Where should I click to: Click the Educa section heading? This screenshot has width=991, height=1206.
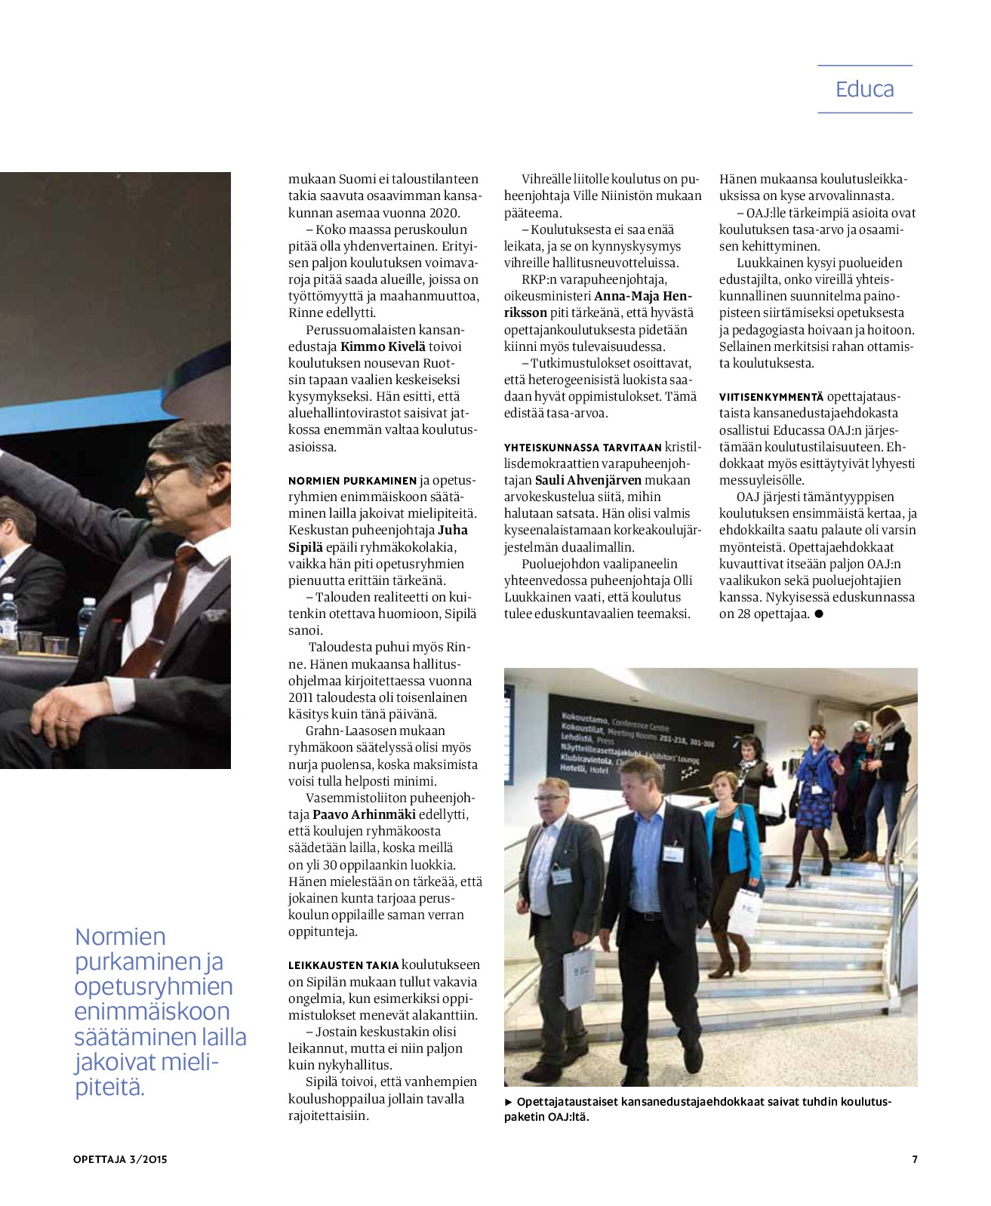(x=864, y=89)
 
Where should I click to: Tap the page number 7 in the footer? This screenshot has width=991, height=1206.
(x=915, y=1159)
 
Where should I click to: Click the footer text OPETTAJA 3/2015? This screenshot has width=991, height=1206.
(x=120, y=1159)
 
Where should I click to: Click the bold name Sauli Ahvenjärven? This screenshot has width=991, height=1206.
(x=588, y=480)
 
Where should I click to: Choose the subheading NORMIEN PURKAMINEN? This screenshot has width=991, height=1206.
(x=352, y=481)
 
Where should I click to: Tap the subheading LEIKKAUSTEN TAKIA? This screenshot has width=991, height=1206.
(x=343, y=965)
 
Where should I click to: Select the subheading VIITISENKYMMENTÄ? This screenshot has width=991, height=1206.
(x=771, y=397)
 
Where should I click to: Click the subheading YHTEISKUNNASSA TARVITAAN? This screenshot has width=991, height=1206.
(x=583, y=448)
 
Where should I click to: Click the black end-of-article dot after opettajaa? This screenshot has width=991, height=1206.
(x=819, y=614)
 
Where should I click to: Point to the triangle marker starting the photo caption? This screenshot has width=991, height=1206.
(x=509, y=1102)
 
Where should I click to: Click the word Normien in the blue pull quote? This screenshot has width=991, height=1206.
(x=120, y=937)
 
